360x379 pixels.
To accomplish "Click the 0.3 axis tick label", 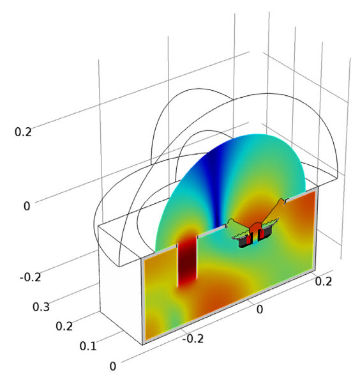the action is [x=41, y=307].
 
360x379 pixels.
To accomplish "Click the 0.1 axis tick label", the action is [x=88, y=346].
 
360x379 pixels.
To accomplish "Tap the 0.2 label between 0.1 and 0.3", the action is [x=64, y=327].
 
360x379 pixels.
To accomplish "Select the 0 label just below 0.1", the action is [x=113, y=366].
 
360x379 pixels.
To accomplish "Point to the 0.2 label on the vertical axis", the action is [x=23, y=132].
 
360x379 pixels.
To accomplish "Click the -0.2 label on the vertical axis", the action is [x=31, y=277].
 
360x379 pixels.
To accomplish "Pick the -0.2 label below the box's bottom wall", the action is [x=193, y=339].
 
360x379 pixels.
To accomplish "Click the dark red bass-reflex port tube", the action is [x=188, y=260].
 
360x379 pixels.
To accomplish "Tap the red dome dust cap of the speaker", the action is [x=255, y=227].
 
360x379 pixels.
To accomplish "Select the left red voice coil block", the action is [x=249, y=239].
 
